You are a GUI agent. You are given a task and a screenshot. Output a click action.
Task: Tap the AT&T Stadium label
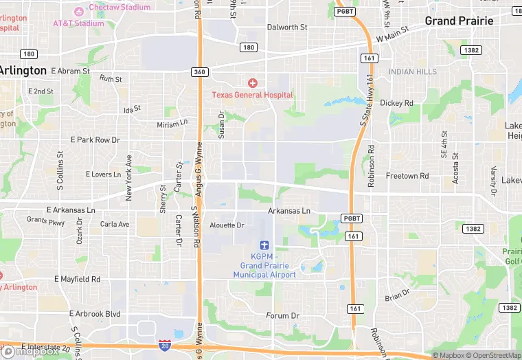point(78,23)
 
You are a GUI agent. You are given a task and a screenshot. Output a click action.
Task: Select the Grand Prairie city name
point(459,21)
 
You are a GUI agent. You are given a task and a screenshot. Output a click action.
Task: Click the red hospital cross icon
point(252,82)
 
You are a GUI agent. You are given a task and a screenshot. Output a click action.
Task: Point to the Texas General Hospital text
point(252,95)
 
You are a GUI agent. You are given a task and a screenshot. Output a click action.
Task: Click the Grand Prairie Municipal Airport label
point(264,265)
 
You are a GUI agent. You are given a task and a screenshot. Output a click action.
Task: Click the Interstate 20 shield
point(164,345)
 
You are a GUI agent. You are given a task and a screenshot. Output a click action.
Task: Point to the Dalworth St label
point(287,27)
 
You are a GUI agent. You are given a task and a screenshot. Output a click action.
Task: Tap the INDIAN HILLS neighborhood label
point(412,71)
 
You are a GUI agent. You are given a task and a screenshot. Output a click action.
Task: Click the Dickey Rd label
point(396,103)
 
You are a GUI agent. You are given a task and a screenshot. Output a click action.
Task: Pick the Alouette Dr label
point(227,225)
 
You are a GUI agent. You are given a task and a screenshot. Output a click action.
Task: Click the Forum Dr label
point(283,315)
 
